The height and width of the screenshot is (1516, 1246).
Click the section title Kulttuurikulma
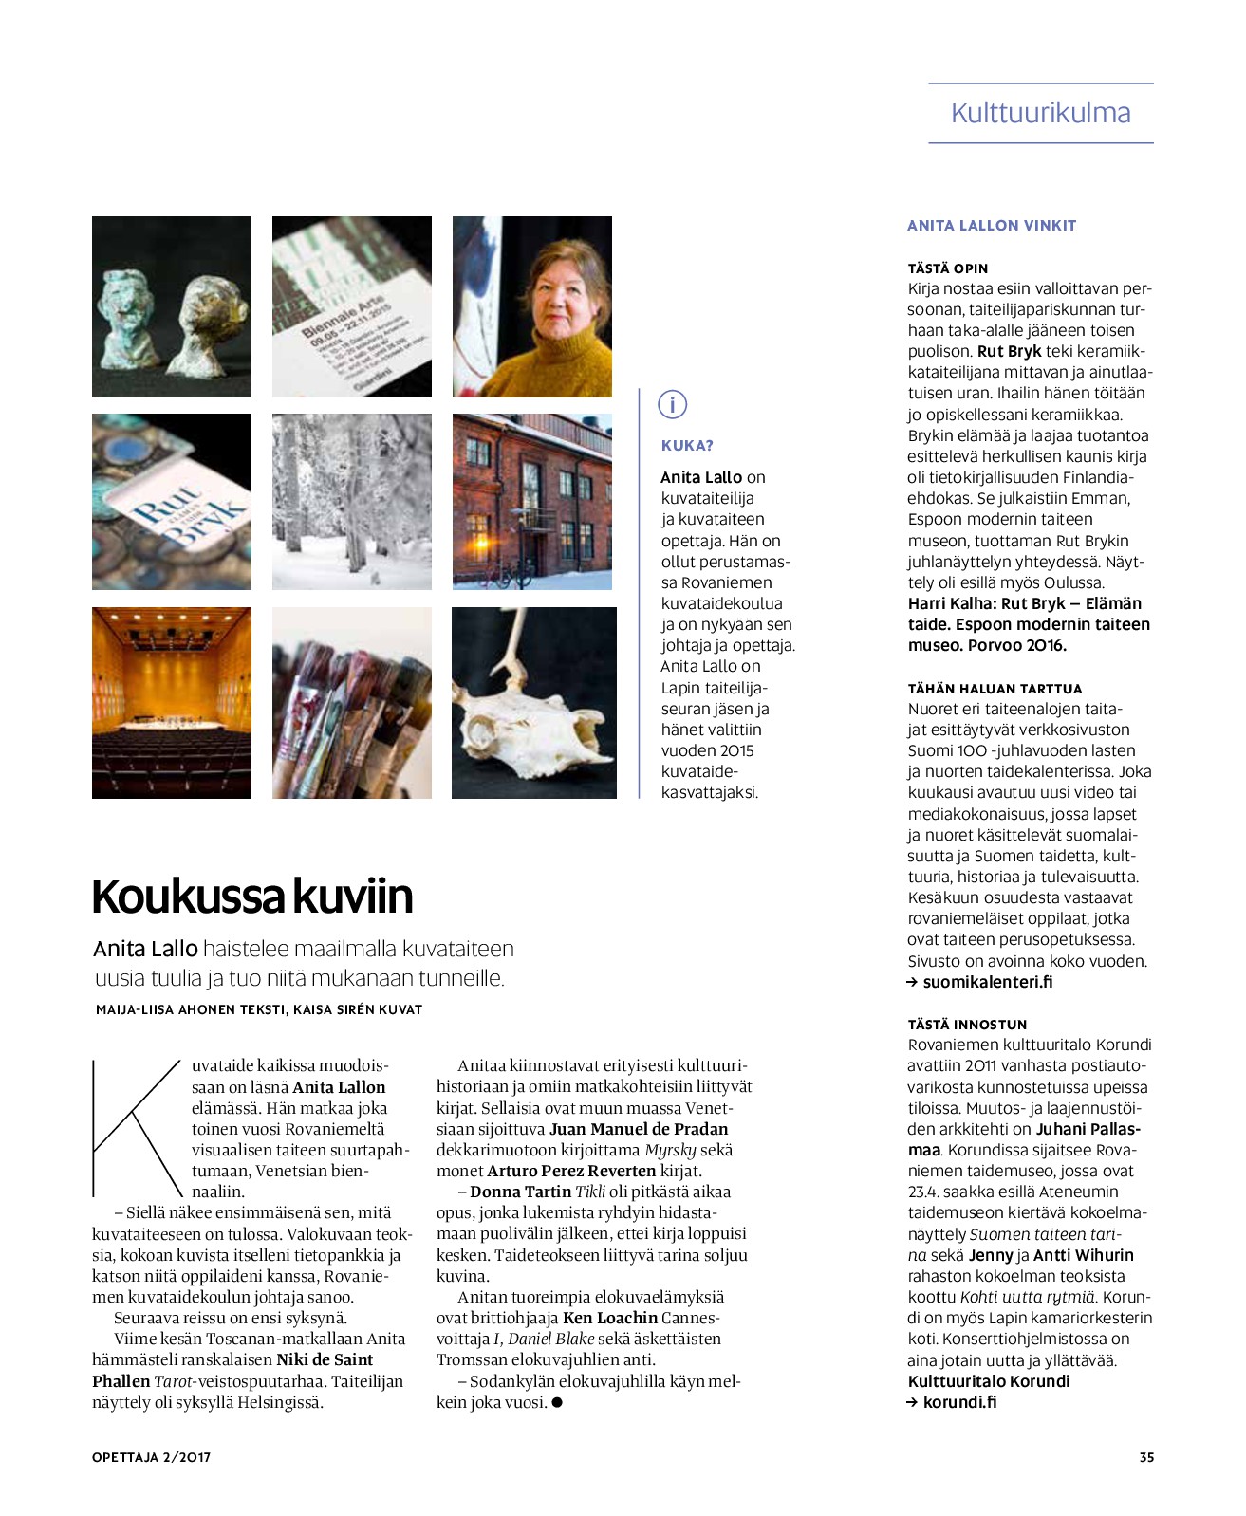[x=1040, y=113]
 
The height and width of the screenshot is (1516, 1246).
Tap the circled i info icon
[x=672, y=405]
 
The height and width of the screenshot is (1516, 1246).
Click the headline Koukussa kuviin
[x=252, y=897]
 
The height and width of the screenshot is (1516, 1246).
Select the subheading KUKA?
[x=687, y=446]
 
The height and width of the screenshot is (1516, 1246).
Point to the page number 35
[x=1146, y=1457]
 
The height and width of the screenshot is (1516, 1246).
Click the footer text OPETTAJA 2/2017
[x=151, y=1457]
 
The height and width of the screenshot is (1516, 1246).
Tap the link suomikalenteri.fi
[x=987, y=982]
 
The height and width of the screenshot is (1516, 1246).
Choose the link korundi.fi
[x=959, y=1402]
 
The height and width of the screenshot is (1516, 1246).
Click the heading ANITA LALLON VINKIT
[x=992, y=226]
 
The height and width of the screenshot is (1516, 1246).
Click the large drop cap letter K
[x=136, y=1128]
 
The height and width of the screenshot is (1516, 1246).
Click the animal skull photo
[x=533, y=703]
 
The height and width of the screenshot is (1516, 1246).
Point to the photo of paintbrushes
[x=351, y=703]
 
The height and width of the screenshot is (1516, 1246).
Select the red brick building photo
[x=532, y=502]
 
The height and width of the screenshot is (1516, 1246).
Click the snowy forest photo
[x=351, y=502]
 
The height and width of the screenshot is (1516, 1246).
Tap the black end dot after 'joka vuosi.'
[x=557, y=1402]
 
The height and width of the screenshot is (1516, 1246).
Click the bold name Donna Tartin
[x=520, y=1192]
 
